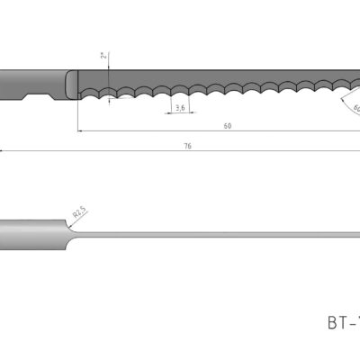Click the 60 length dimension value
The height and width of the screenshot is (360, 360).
pyautogui.click(x=228, y=126)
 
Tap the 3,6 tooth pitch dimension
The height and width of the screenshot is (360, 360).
pyautogui.click(x=180, y=108)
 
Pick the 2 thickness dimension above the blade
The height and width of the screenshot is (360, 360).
pyautogui.click(x=104, y=56)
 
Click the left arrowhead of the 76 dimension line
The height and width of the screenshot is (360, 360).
pyautogui.click(x=3, y=149)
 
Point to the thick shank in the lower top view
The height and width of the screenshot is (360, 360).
pyautogui.click(x=31, y=232)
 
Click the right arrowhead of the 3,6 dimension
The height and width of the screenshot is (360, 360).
pyautogui.click(x=186, y=114)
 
